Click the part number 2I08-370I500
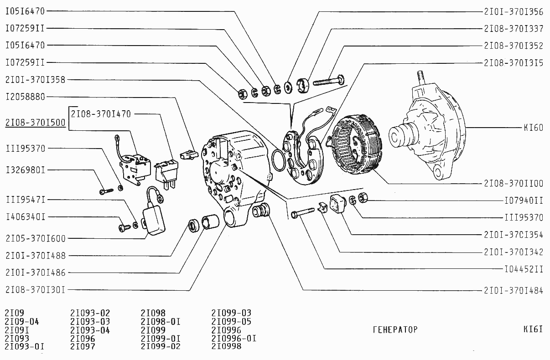coord(35,123)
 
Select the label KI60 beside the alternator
coord(533,128)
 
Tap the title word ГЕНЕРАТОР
coord(395,329)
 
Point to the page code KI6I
coord(533,329)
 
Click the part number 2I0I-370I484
coord(514,290)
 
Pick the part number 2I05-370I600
coord(35,238)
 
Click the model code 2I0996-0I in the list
coord(234,338)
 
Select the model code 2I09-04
coord(21,322)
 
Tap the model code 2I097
coord(83,346)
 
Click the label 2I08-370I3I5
coord(514,63)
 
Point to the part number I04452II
coord(523,269)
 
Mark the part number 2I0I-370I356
coord(514,11)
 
